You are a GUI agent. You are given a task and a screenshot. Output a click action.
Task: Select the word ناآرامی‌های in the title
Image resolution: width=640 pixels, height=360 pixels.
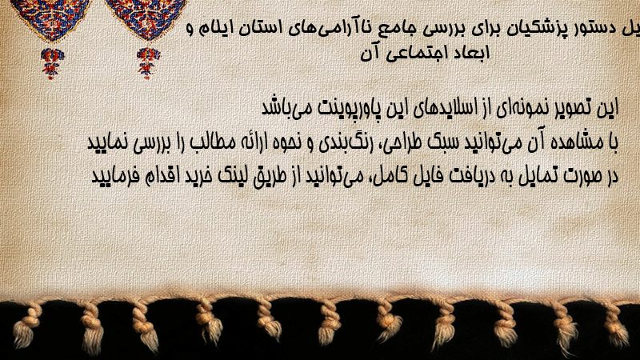[x=326, y=29]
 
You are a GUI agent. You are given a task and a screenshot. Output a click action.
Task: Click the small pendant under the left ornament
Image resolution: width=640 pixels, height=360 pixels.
[x=52, y=63]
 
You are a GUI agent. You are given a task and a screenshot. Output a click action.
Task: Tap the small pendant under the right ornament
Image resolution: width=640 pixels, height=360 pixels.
[x=148, y=63]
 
